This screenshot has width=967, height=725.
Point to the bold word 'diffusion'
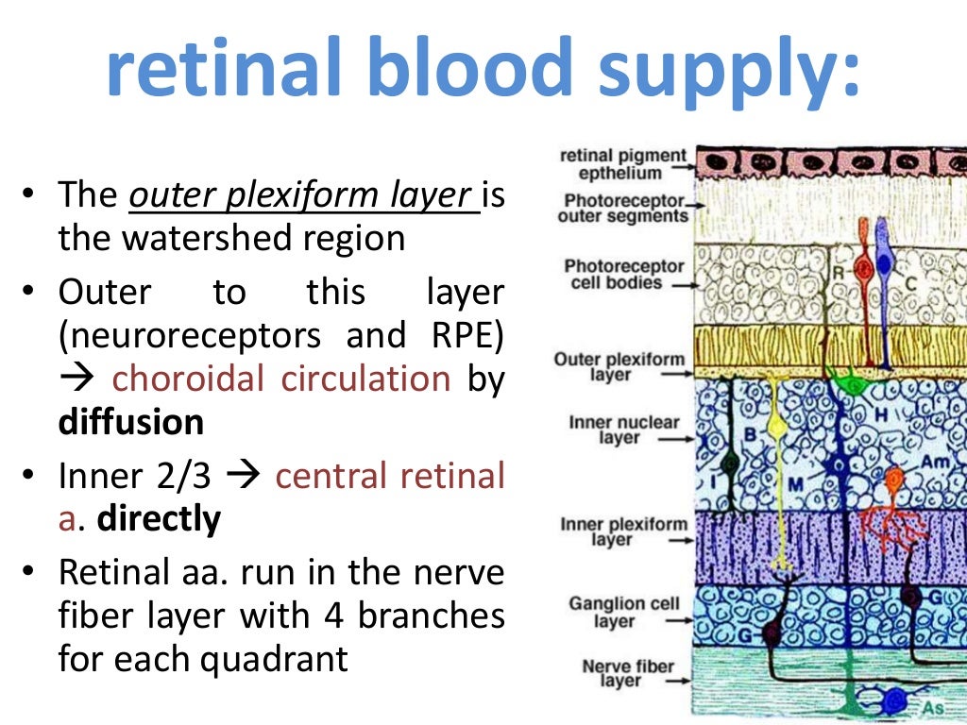(131, 422)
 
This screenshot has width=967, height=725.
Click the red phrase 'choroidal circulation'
(280, 379)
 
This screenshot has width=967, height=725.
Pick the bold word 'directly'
(160, 518)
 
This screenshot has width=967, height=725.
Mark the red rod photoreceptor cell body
(863, 268)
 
